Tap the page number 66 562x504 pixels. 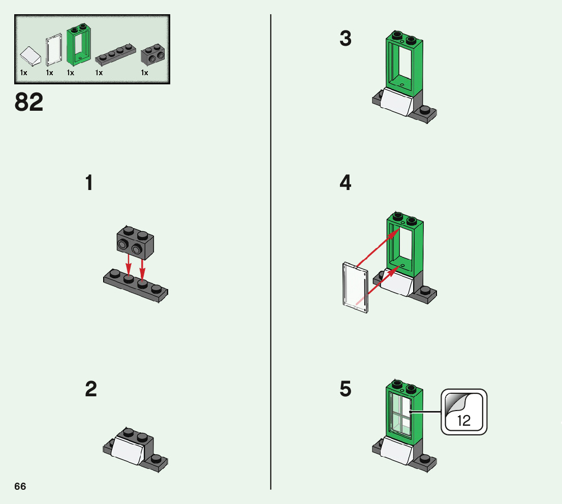(x=20, y=486)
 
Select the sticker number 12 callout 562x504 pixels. (x=463, y=412)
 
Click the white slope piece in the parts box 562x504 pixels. (x=30, y=56)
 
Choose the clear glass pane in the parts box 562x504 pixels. (x=53, y=51)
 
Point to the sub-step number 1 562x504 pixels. (x=89, y=183)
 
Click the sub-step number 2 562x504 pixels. (x=91, y=390)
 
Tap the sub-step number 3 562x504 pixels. (x=346, y=39)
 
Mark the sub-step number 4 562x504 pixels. (x=346, y=183)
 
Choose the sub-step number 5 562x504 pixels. (x=346, y=390)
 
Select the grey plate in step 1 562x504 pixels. (x=136, y=286)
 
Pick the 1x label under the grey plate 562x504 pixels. (x=99, y=73)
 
